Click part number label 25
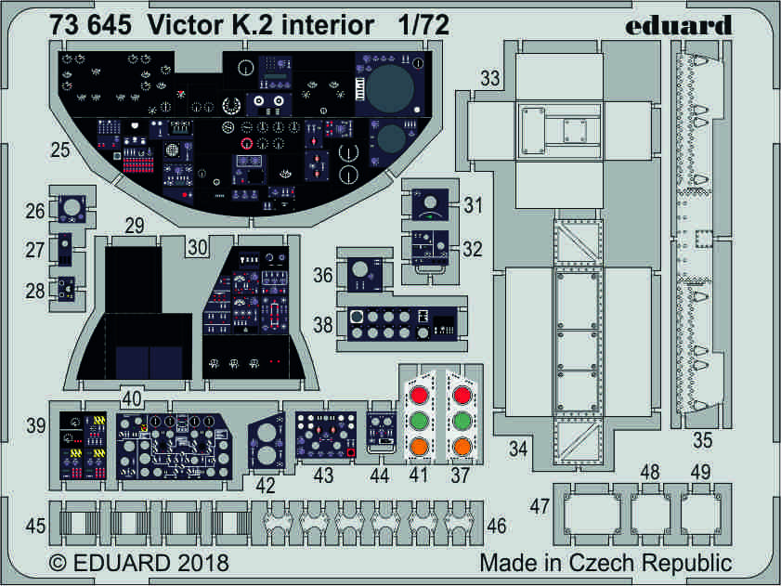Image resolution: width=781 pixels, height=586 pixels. pyautogui.click(x=60, y=149)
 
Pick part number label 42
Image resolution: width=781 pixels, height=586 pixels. pyautogui.click(x=267, y=484)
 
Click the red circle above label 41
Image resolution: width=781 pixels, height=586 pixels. pyautogui.click(x=419, y=394)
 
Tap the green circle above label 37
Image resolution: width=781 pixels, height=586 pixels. pyautogui.click(x=462, y=422)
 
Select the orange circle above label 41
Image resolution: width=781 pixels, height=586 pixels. pyautogui.click(x=419, y=449)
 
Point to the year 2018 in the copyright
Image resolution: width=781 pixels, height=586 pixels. pyautogui.click(x=198, y=563)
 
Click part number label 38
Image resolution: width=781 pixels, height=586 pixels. pyautogui.click(x=323, y=325)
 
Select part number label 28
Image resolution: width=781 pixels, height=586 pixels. pyautogui.click(x=36, y=291)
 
